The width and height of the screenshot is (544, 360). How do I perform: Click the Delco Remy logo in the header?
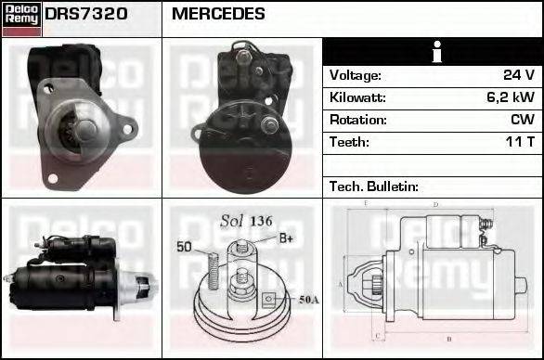[x=21, y=18]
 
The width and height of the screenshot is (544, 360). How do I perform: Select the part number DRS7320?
[x=86, y=15]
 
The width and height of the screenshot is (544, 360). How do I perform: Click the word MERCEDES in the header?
[x=218, y=15]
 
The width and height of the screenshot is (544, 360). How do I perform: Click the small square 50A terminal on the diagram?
[x=267, y=299]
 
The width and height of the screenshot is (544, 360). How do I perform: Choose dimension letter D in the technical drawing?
[x=434, y=205]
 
